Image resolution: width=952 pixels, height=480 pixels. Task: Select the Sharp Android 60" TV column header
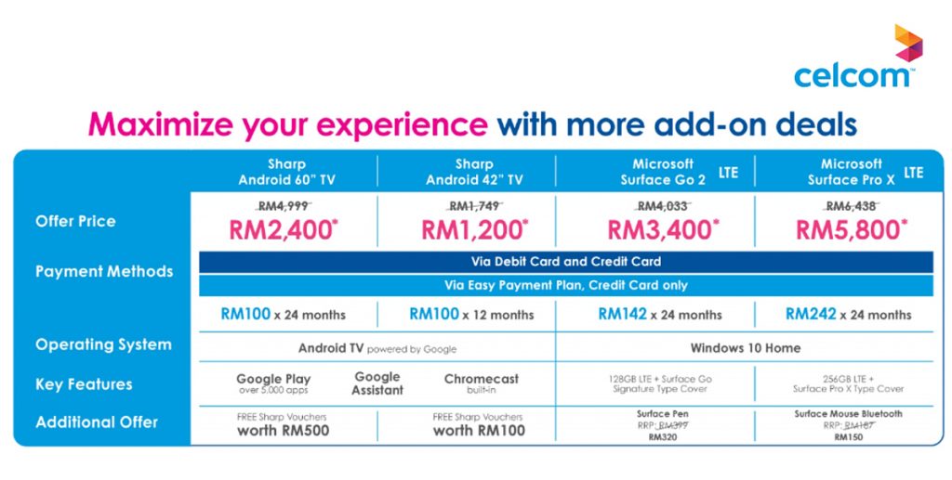tap(285, 172)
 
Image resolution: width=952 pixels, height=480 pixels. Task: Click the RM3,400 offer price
tap(662, 229)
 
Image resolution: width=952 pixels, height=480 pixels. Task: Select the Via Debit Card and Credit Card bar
tap(566, 262)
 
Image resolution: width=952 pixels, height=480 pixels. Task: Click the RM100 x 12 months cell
tap(471, 314)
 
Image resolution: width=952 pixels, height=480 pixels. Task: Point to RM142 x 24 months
tap(660, 314)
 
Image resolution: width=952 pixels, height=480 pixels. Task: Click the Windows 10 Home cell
tap(746, 348)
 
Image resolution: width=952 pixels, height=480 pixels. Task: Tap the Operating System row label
tap(103, 344)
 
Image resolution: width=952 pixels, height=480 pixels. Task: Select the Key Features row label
tap(84, 384)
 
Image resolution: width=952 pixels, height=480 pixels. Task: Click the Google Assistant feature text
tap(377, 383)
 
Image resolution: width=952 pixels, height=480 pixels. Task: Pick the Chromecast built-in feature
tap(482, 383)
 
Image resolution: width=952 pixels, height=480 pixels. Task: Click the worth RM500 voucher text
tap(283, 430)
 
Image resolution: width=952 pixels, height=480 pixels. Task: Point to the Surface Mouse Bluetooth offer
tap(848, 414)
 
